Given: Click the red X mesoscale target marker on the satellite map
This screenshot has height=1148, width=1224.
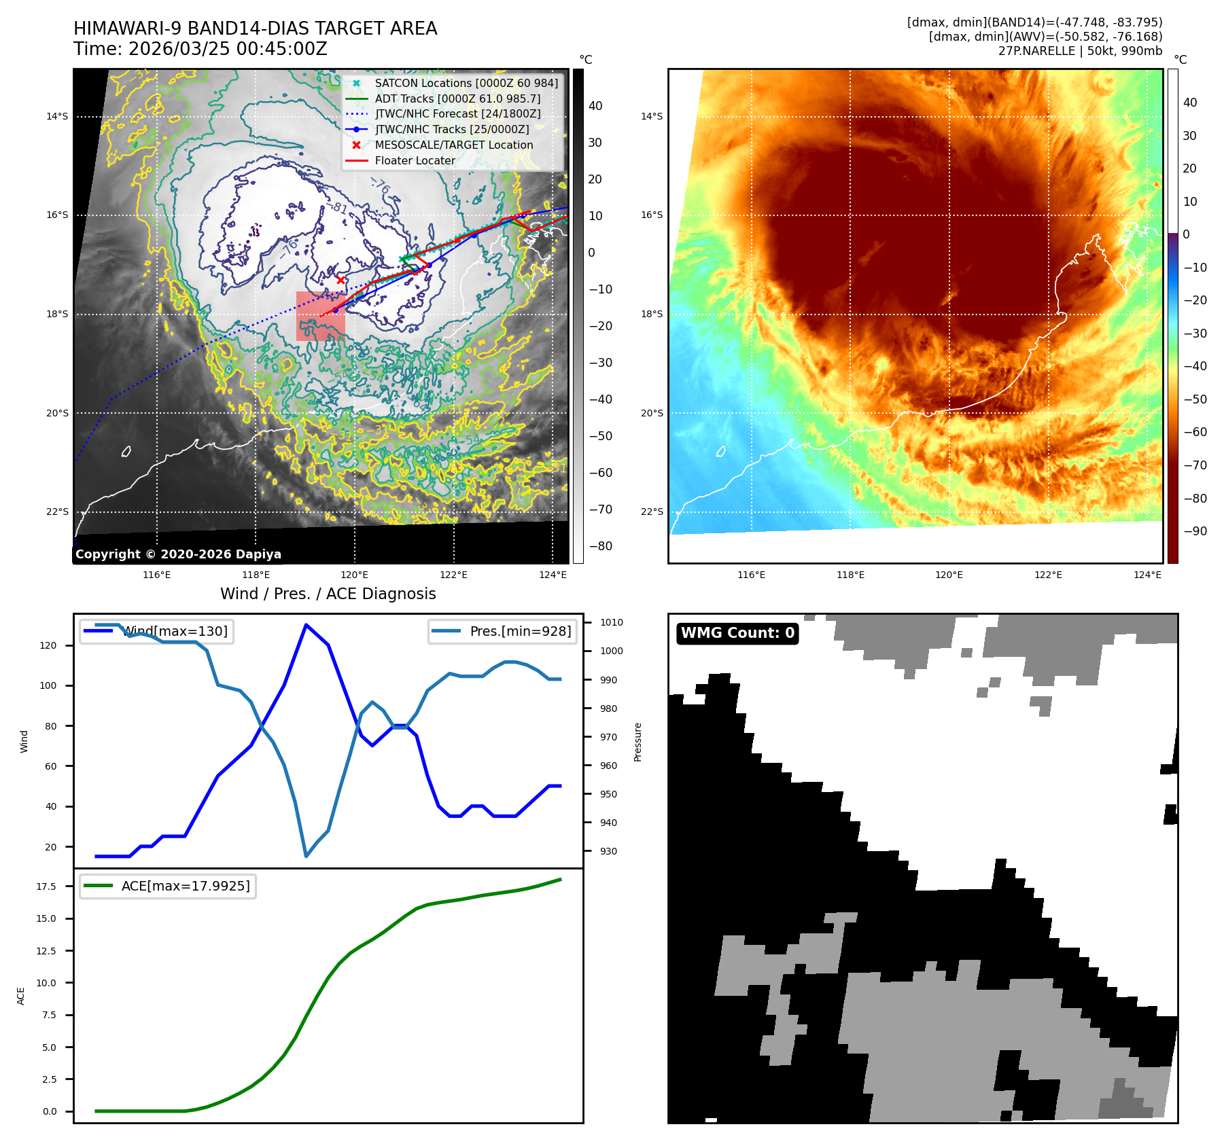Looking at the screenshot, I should [x=340, y=280].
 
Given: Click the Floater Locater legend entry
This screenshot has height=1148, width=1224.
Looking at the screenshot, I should [x=415, y=160].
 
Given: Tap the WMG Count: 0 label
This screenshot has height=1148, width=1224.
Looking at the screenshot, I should [x=737, y=633].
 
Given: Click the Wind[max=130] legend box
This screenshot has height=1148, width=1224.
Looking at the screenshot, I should [x=156, y=631].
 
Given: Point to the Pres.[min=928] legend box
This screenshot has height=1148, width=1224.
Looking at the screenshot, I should [x=503, y=631].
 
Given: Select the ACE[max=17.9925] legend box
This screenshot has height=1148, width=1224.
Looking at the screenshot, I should [x=168, y=886].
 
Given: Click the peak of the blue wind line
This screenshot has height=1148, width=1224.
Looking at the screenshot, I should [x=307, y=625].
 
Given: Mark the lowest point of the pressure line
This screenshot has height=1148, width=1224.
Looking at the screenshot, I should [x=307, y=856].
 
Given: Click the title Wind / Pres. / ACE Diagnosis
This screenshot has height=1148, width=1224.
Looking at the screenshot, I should [x=328, y=594].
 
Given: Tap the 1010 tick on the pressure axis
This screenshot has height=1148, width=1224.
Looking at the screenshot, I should [x=611, y=622].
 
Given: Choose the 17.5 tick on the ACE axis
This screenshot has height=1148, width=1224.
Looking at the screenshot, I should [x=46, y=886].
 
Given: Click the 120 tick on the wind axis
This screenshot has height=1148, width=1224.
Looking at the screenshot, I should [x=48, y=645].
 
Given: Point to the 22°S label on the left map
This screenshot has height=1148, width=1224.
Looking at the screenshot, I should [x=57, y=512].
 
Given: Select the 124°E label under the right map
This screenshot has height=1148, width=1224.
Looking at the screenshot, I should [x=1147, y=575].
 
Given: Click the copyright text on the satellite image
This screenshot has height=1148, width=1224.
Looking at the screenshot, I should [x=178, y=554].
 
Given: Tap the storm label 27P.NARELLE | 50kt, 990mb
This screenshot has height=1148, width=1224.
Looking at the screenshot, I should [x=1080, y=51].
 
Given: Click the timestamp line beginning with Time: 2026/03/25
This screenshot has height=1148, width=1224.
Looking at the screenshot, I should [x=200, y=49].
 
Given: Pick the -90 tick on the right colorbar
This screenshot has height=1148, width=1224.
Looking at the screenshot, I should [x=1195, y=531].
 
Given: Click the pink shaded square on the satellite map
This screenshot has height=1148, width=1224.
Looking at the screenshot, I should [x=320, y=316].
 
